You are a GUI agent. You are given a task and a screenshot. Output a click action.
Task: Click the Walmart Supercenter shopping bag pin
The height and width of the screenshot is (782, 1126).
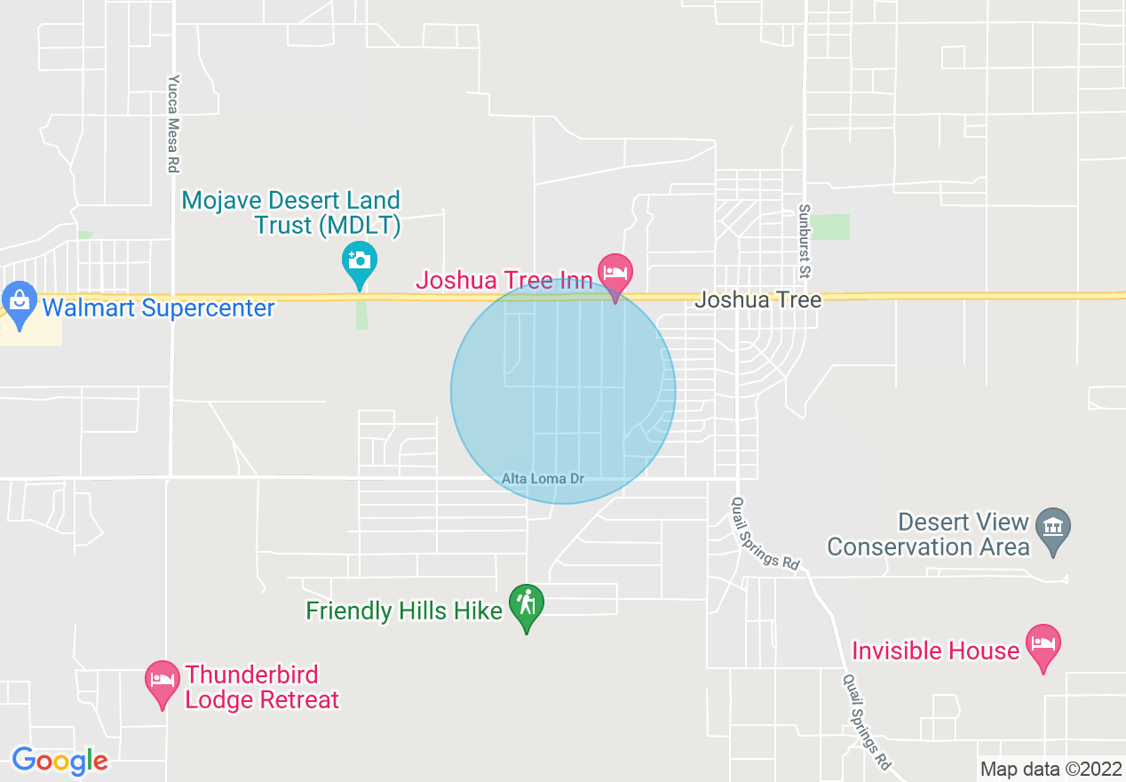pyautogui.click(x=19, y=300)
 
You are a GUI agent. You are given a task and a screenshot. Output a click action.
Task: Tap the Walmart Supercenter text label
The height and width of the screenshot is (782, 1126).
pyautogui.click(x=159, y=308)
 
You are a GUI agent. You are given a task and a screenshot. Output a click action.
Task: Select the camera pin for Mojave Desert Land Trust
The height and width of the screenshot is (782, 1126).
pyautogui.click(x=359, y=261)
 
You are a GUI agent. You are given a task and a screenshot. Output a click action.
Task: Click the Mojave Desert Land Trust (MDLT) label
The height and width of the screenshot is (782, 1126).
pyautogui.click(x=291, y=212)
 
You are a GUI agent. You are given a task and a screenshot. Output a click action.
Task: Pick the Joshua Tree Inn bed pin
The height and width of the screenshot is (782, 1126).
pyautogui.click(x=615, y=272)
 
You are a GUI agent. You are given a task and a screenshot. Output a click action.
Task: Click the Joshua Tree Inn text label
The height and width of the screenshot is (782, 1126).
pyautogui.click(x=504, y=281)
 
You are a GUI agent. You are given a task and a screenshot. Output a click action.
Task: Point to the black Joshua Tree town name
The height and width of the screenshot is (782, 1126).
pyautogui.click(x=757, y=299)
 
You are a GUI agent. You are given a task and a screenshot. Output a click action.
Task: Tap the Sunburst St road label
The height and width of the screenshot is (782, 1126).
pyautogui.click(x=805, y=239)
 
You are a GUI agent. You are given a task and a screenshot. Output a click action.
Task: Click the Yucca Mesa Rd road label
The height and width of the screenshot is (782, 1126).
pyautogui.click(x=173, y=123)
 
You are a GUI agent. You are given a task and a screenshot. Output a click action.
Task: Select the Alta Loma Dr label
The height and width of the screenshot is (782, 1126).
pyautogui.click(x=543, y=479)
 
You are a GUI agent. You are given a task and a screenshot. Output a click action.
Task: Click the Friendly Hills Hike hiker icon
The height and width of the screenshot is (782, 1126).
pyautogui.click(x=527, y=604)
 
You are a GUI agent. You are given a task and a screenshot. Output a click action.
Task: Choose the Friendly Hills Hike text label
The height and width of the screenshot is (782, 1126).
pyautogui.click(x=404, y=611)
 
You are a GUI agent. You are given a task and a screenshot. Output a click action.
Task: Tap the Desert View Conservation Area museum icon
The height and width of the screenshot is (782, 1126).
pyautogui.click(x=1053, y=524)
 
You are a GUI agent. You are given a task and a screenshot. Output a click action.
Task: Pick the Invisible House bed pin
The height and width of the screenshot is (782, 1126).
pyautogui.click(x=1043, y=643)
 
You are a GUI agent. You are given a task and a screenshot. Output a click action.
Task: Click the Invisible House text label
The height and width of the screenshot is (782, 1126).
pyautogui.click(x=935, y=650)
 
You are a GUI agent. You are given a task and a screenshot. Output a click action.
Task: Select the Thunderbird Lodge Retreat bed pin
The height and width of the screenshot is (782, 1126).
pyautogui.click(x=163, y=680)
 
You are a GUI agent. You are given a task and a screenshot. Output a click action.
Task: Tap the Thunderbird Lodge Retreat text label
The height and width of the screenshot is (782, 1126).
pyautogui.click(x=262, y=687)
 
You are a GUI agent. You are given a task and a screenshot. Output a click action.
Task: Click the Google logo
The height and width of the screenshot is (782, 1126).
pyautogui.click(x=59, y=761)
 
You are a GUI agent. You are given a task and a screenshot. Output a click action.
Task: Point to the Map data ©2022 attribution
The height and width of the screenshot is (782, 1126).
pyautogui.click(x=1049, y=769)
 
